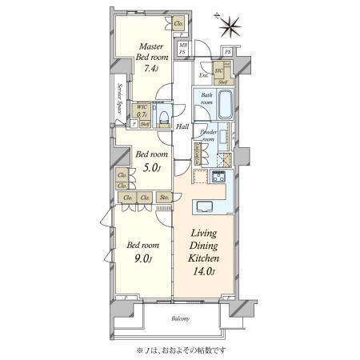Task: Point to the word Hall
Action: coord(182,126)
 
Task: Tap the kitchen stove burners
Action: coord(218,177)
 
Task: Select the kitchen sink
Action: coord(202,206)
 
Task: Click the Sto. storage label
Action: coord(165,197)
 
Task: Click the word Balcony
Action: coord(180,319)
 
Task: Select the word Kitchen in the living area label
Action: coord(205,258)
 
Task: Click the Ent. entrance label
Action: coord(203,76)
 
